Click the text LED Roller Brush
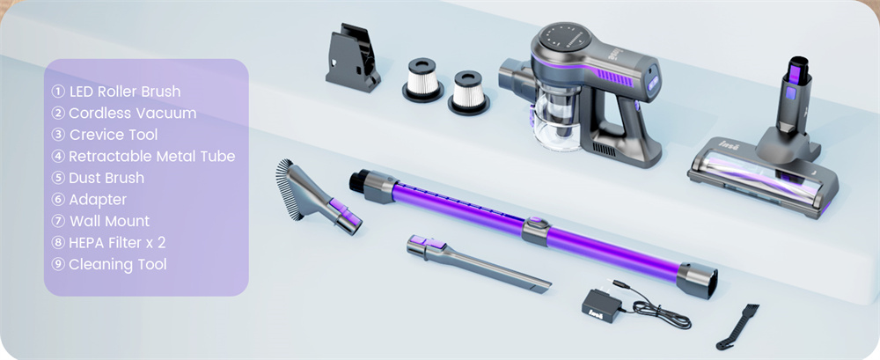point(125,92)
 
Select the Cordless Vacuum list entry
point(133,114)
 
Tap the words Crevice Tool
point(114,135)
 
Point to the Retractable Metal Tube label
point(151,156)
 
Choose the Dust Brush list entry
point(106,178)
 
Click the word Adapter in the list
point(98,200)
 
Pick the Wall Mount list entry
point(109,221)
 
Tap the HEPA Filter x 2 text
point(117,243)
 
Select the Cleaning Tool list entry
point(118,265)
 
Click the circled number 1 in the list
point(58,92)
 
